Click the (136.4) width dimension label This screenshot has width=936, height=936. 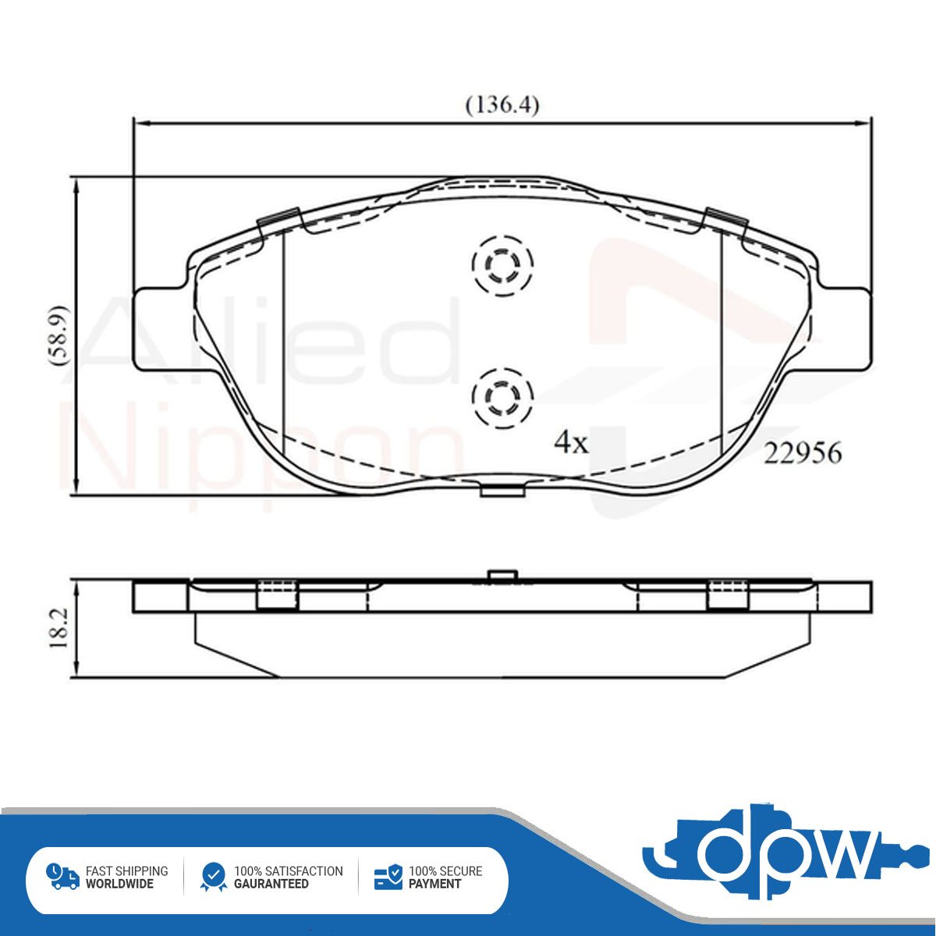502,105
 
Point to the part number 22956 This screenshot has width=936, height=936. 803,454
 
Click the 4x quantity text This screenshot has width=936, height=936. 571,442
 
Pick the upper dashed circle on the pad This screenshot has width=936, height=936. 503,266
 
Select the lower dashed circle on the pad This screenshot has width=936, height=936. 503,399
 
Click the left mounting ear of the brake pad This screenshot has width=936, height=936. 161,330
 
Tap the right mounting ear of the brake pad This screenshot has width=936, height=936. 842,330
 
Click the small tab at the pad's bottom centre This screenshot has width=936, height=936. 503,490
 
